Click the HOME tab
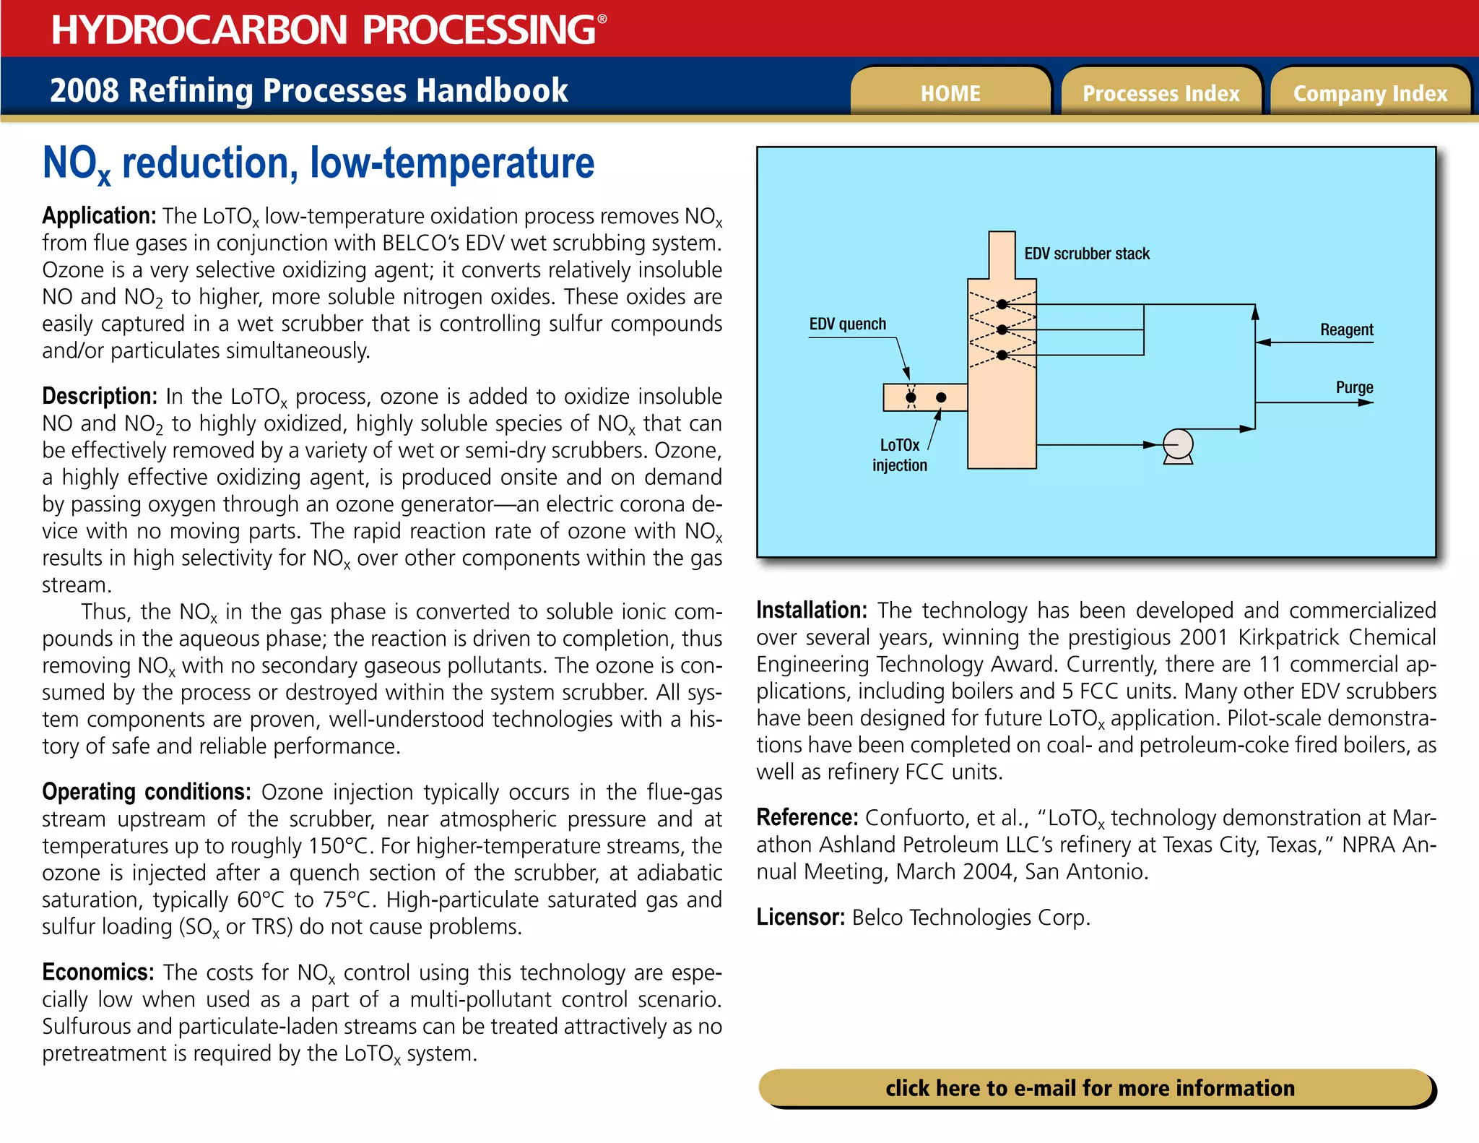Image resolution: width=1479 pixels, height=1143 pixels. tap(950, 93)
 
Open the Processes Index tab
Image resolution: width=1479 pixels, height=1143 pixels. tap(1161, 93)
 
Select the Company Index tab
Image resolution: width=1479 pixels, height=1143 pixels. tap(1370, 93)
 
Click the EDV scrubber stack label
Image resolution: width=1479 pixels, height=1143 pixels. tap(1086, 254)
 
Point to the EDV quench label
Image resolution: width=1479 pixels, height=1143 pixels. tap(847, 324)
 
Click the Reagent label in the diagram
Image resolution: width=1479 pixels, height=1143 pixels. tap(1346, 329)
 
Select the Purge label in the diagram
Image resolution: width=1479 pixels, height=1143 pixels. tap(1354, 387)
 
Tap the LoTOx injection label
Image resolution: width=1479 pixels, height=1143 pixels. tap(900, 455)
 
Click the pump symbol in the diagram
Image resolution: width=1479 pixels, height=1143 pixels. tap(1178, 446)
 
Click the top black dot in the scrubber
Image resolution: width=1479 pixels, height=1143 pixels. tap(1002, 304)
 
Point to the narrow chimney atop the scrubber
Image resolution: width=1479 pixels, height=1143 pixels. tap(1002, 254)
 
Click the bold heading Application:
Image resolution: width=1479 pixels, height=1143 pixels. tap(99, 216)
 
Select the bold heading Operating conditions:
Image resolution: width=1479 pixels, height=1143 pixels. tap(146, 792)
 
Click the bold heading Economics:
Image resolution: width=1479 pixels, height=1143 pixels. tap(97, 972)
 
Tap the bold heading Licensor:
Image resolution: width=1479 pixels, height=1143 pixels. tap(800, 918)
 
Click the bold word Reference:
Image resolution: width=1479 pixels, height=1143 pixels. tap(807, 818)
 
